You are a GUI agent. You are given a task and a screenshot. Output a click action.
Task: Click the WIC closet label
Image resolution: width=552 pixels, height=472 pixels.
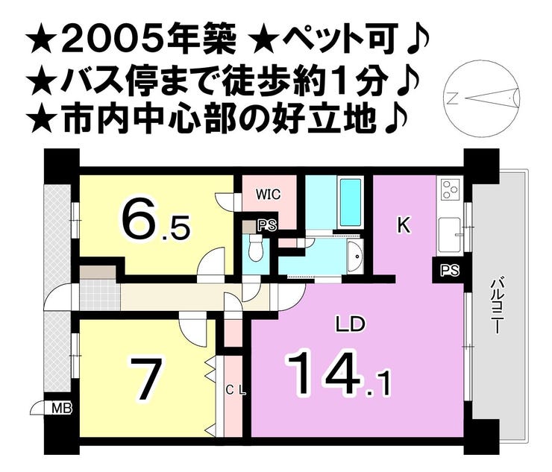click(269, 194)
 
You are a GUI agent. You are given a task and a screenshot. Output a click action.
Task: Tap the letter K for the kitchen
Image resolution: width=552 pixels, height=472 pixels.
click(404, 226)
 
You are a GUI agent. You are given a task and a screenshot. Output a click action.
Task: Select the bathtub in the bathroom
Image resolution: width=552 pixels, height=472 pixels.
click(351, 202)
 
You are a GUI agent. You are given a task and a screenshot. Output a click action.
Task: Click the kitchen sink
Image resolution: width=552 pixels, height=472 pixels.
click(450, 235)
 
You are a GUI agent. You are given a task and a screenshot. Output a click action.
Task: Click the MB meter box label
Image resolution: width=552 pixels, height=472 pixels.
click(62, 409)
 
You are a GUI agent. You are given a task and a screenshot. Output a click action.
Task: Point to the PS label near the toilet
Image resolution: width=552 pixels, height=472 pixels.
click(268, 225)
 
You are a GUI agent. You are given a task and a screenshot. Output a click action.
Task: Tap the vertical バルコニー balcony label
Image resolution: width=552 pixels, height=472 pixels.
click(496, 306)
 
